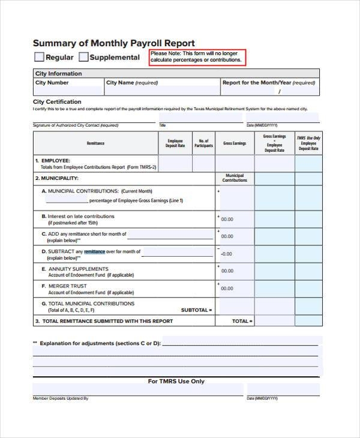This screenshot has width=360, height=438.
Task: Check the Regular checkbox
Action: tap(39, 57)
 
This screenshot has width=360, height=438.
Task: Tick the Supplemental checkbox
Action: tap(84, 57)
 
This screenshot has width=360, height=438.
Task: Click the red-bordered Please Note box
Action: tap(197, 57)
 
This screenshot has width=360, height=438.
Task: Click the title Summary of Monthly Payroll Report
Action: tap(113, 43)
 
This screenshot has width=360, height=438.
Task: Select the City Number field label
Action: tap(52, 83)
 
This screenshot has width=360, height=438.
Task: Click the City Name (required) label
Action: tap(132, 83)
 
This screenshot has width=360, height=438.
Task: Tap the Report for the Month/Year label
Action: tap(268, 83)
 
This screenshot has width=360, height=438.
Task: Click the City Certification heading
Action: tap(58, 102)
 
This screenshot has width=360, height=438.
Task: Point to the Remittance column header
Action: tap(95, 143)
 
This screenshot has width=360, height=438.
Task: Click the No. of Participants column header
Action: tap(204, 143)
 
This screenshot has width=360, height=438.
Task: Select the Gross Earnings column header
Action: tap(235, 143)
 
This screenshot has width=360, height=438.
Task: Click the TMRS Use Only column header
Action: tap(308, 143)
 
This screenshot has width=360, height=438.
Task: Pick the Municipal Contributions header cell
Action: tap(235, 178)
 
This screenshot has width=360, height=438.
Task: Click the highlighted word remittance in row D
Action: tap(94, 251)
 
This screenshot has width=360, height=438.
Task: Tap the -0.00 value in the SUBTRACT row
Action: tap(226, 254)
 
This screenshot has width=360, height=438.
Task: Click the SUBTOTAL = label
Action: tap(196, 310)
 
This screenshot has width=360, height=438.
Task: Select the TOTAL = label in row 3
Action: tap(242, 321)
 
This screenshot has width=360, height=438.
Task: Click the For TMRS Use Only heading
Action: tap(176, 381)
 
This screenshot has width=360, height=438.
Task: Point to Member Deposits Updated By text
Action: tap(61, 398)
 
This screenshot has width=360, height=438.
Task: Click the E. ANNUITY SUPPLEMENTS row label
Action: tap(75, 269)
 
